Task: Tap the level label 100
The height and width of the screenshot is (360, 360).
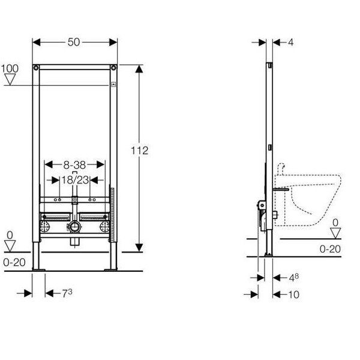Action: (9, 68)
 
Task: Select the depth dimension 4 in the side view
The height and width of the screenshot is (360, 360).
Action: (291, 42)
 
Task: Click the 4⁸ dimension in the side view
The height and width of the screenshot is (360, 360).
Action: (293, 278)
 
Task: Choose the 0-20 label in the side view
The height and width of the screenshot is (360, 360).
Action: (330, 248)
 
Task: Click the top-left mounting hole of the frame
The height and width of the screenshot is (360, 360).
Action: (38, 67)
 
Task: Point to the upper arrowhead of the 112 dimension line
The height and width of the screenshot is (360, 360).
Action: (139, 68)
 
